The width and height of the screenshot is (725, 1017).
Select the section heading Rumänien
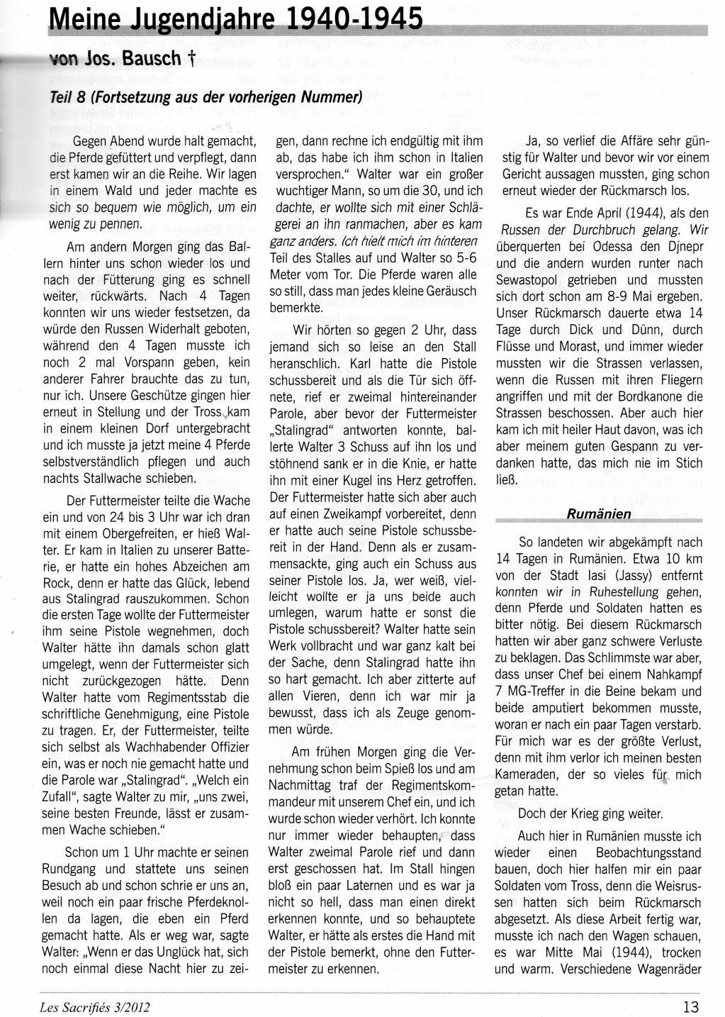(x=599, y=514)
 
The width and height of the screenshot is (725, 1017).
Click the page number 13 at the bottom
(x=691, y=1004)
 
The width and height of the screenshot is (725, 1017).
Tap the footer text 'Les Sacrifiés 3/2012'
(x=94, y=1005)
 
